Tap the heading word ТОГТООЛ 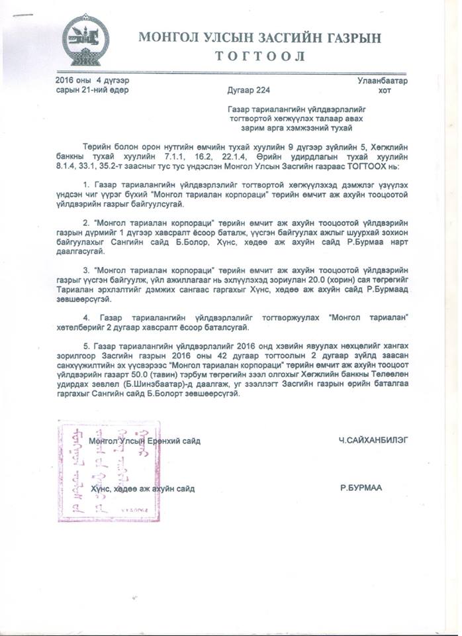[x=259, y=56]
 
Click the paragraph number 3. [x=85, y=271]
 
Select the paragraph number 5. [x=85, y=346]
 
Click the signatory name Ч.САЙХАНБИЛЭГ [x=369, y=441]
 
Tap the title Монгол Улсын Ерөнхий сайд [x=144, y=441]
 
